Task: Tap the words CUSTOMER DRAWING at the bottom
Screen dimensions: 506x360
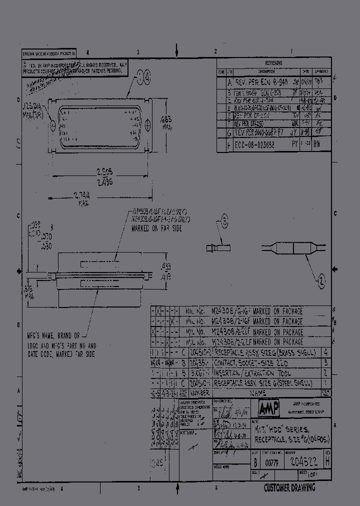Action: click(289, 488)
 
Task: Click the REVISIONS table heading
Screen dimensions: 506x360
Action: click(273, 63)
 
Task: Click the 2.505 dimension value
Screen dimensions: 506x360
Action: click(104, 171)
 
